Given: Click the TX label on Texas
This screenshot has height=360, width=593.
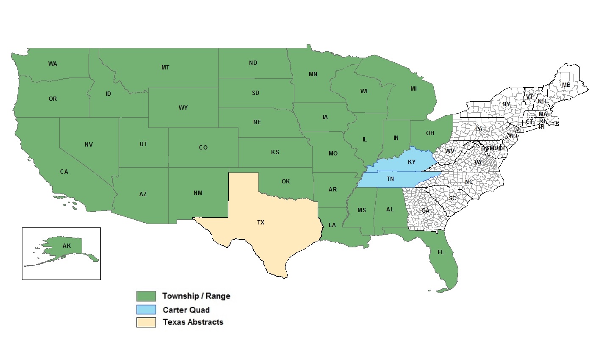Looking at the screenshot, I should click(x=260, y=222).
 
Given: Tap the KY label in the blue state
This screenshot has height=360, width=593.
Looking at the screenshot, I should click(x=412, y=162).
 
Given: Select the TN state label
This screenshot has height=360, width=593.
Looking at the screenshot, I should click(x=391, y=179).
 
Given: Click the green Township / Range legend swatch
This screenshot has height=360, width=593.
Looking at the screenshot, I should click(x=146, y=296).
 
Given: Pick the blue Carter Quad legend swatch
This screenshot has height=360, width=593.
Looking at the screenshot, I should click(x=146, y=309).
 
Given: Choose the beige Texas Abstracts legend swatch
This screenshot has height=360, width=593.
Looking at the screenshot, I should click(x=146, y=322).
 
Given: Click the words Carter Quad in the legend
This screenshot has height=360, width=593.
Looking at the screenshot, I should click(x=186, y=310).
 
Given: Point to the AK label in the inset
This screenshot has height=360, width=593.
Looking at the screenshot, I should click(x=67, y=246).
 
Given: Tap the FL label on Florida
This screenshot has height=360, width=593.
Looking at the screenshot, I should click(x=441, y=252).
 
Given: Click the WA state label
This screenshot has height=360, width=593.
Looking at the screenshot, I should click(x=53, y=64).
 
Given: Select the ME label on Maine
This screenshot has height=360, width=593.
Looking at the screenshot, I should click(x=566, y=85).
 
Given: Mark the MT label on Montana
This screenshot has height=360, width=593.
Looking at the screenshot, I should click(x=166, y=68).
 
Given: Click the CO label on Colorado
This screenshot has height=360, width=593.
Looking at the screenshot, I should click(x=203, y=148).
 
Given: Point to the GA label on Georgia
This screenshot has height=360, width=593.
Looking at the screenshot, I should click(x=425, y=210).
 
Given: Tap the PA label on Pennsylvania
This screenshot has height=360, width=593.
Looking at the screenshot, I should click(x=479, y=129).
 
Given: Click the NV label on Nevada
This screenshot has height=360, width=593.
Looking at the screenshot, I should click(x=89, y=145).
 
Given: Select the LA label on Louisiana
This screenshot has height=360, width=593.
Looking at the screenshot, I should click(x=332, y=225).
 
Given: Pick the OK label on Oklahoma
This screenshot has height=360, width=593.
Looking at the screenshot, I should click(x=285, y=182).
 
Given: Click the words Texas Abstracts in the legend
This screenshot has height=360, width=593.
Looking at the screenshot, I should click(x=193, y=322).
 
